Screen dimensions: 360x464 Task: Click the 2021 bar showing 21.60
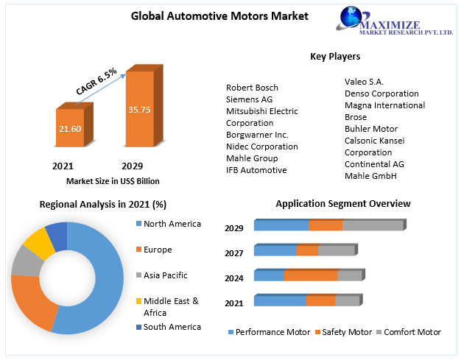point(71,128)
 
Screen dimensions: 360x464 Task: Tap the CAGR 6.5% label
point(96,81)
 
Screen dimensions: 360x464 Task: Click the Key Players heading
point(335,57)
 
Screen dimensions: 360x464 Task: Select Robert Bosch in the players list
point(252,88)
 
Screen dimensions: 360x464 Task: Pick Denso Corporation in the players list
point(382,93)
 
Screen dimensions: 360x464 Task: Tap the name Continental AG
point(375,164)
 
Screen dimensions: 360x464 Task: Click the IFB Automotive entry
point(256,170)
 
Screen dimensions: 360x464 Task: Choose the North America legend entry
point(172,224)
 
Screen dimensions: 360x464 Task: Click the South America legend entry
point(172,327)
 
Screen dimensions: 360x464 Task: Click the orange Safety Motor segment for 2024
point(310,275)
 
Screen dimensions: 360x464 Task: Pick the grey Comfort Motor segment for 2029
point(373,225)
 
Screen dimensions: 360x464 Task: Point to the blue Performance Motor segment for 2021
point(279,300)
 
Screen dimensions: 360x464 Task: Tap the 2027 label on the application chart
point(234,253)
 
